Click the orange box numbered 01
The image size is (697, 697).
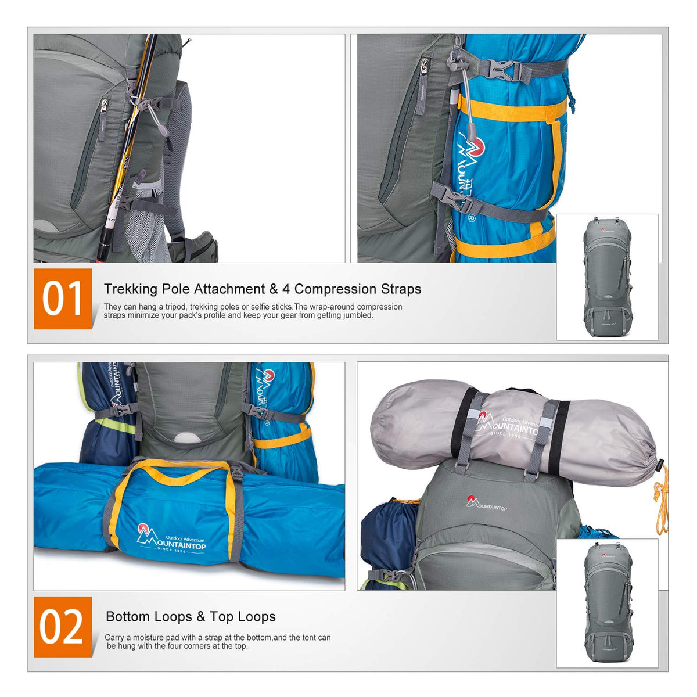63,299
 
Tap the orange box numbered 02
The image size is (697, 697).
63,627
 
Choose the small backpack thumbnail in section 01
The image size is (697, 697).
608,277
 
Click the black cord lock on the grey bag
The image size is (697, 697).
660,464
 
